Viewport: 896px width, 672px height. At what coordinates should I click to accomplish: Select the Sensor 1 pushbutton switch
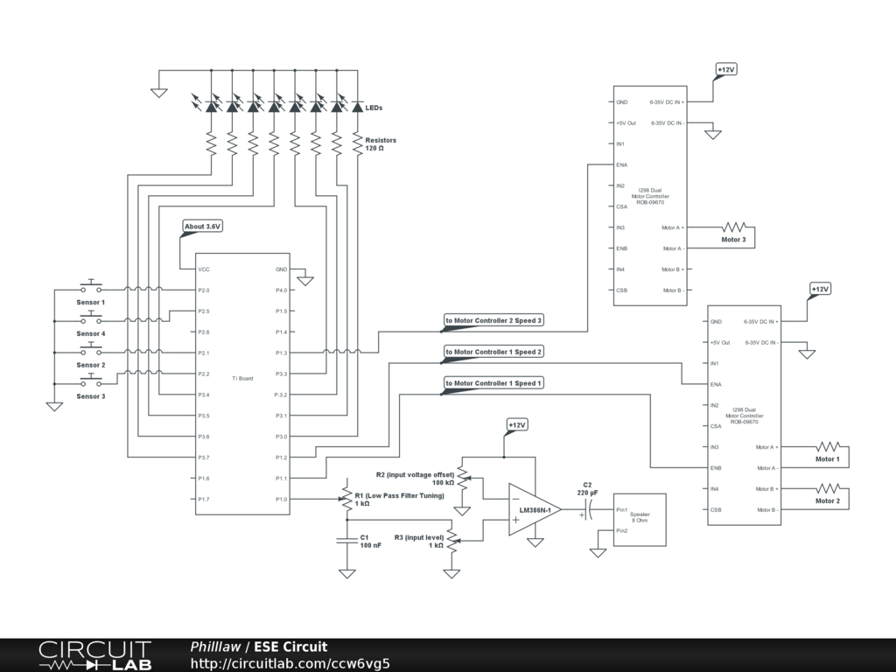pyautogui.click(x=91, y=286)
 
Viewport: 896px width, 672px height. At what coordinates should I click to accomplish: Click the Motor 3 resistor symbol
pyautogui.click(x=734, y=227)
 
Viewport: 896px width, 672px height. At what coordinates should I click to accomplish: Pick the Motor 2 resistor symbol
pyautogui.click(x=828, y=488)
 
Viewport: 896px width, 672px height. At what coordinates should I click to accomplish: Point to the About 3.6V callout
pyautogui.click(x=202, y=227)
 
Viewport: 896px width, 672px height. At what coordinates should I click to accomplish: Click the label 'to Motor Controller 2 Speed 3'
pyautogui.click(x=493, y=320)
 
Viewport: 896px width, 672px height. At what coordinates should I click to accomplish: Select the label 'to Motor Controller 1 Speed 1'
pyautogui.click(x=493, y=383)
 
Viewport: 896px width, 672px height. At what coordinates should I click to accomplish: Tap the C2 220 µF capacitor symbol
pyautogui.click(x=589, y=510)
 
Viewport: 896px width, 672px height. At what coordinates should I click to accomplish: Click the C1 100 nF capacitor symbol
pyautogui.click(x=346, y=540)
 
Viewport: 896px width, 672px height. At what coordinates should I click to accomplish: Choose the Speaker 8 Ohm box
pyautogui.click(x=640, y=520)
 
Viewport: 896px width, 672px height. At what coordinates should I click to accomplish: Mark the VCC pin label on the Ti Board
pyautogui.click(x=204, y=269)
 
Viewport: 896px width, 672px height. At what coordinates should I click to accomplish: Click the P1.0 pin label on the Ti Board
pyautogui.click(x=281, y=500)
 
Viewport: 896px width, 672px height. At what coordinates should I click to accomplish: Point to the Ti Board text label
pyautogui.click(x=242, y=378)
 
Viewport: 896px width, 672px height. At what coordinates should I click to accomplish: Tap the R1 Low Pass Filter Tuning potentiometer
pyautogui.click(x=346, y=500)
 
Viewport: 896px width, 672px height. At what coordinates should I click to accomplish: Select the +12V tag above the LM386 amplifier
pyautogui.click(x=516, y=425)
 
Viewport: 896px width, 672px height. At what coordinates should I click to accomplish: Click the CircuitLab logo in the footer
pyautogui.click(x=94, y=655)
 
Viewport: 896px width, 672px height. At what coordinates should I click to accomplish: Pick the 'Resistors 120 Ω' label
pyautogui.click(x=381, y=144)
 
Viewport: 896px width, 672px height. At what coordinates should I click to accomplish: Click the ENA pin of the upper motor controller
pyautogui.click(x=622, y=165)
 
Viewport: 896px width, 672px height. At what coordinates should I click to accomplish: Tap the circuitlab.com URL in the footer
pyautogui.click(x=290, y=663)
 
